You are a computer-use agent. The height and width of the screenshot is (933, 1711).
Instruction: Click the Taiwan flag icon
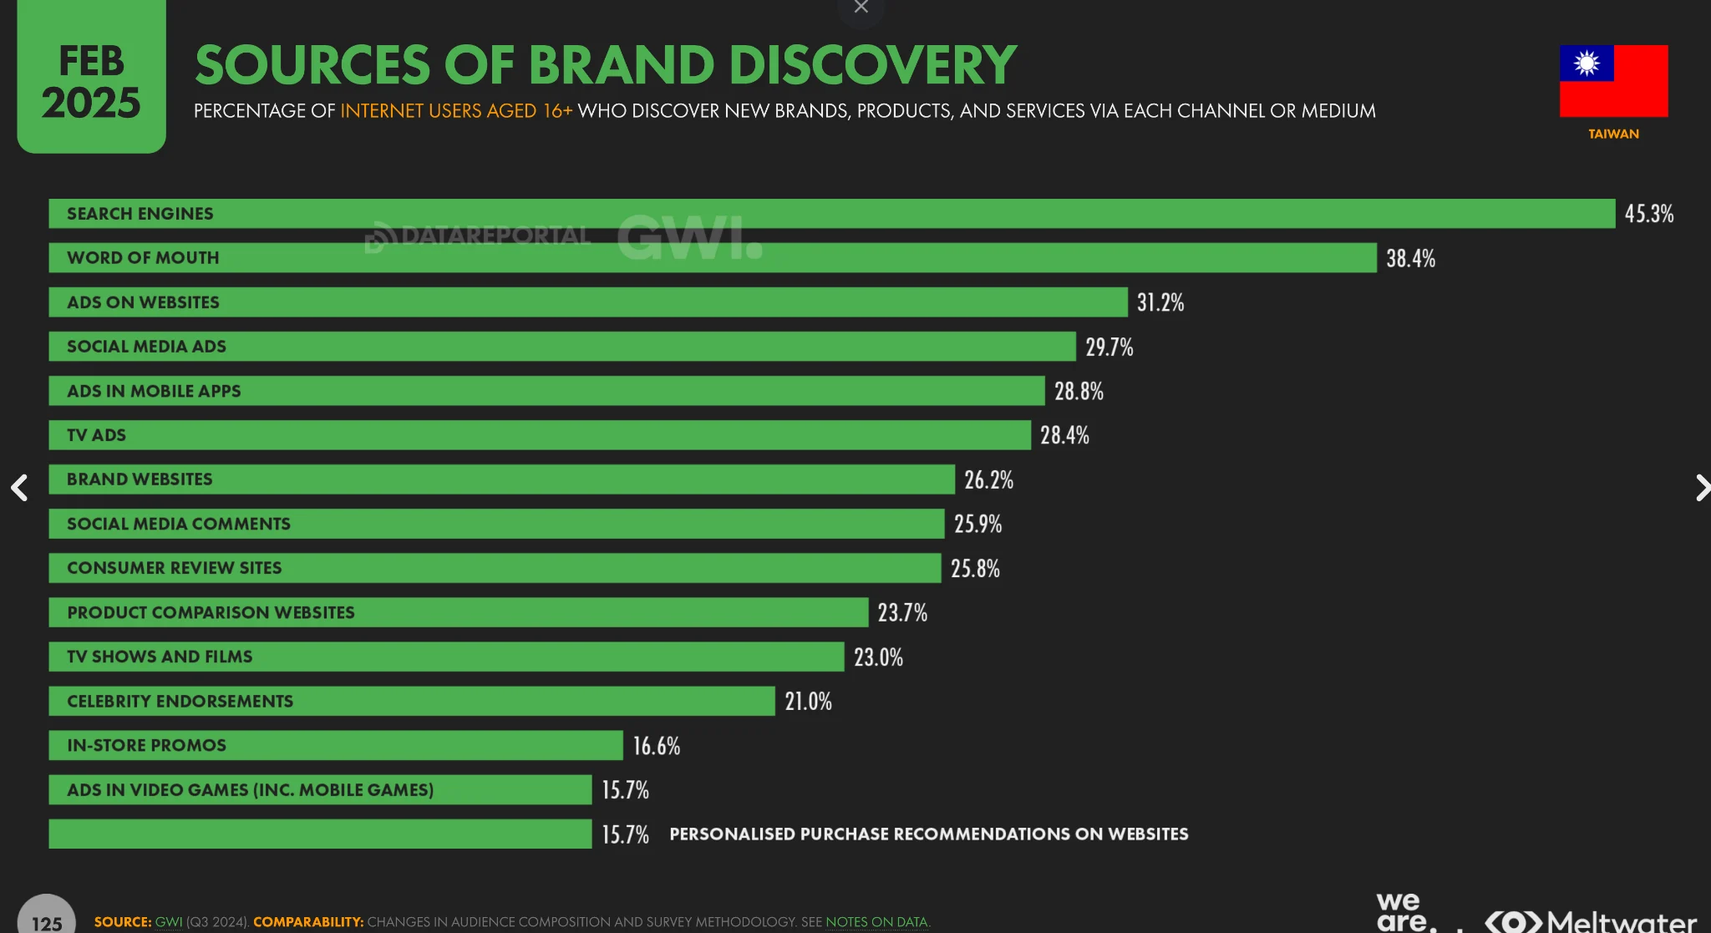pos(1613,81)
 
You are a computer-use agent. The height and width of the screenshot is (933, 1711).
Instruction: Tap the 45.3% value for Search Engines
pos(1648,214)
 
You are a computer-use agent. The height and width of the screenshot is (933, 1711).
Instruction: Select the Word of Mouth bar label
pos(143,258)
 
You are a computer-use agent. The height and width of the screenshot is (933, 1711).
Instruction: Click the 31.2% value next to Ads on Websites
pos(1160,302)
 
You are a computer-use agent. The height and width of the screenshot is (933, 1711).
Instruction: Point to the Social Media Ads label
pos(146,347)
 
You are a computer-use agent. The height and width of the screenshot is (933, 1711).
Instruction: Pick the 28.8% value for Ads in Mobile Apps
pos(1079,391)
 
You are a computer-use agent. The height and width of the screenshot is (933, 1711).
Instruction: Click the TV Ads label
pos(96,435)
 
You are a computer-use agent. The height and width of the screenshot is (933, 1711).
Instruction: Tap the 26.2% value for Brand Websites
pos(988,479)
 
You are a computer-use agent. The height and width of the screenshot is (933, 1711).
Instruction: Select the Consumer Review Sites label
pos(174,568)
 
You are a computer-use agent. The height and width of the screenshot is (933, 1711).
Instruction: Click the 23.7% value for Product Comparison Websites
pos(902,612)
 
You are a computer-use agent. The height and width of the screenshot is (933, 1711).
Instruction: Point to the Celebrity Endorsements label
pos(180,702)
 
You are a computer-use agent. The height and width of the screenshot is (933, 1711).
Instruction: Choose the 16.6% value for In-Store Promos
pos(656,746)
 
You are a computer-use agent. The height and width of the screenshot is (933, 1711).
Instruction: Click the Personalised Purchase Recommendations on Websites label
pos(928,834)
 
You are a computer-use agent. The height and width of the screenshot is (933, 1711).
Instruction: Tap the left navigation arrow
pos(19,488)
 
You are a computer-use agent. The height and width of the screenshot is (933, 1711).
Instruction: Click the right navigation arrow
pos(1701,488)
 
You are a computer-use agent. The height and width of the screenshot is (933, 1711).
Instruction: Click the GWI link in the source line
pos(168,922)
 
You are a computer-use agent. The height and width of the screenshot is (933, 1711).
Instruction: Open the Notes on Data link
pos(876,922)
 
